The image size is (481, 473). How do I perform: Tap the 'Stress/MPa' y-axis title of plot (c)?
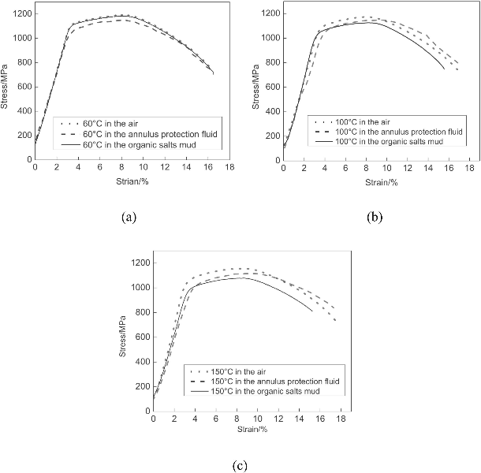[x=124, y=337]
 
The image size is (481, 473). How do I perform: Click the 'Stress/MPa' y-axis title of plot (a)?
[x=6, y=87]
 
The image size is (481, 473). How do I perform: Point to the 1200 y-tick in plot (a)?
[x=22, y=14]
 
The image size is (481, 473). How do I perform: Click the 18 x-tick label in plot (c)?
[x=340, y=419]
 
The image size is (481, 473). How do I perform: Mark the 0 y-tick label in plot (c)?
[x=147, y=410]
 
